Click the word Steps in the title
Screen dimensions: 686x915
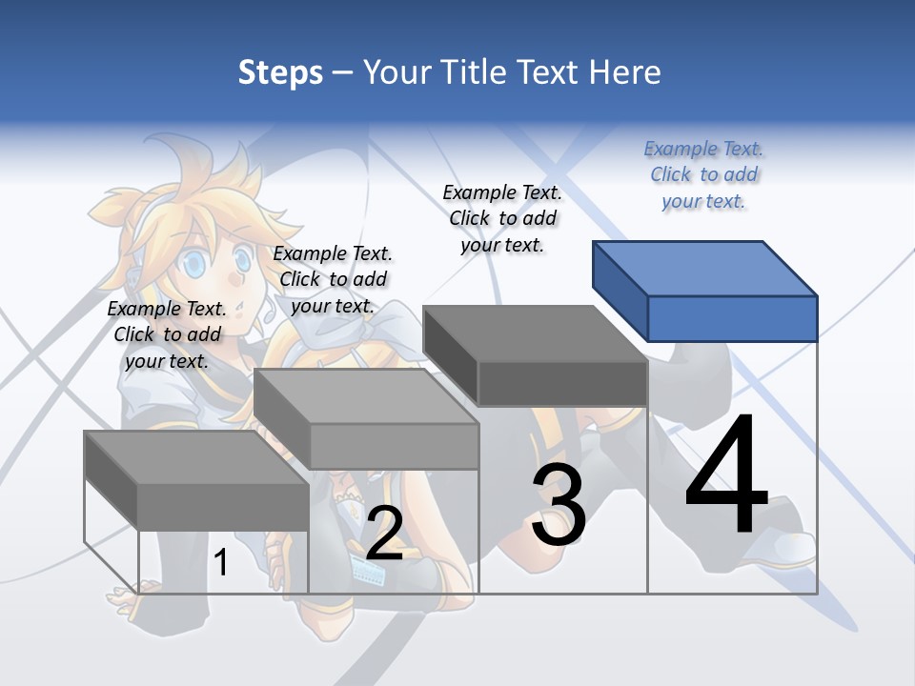click(x=280, y=73)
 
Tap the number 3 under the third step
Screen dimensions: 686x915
click(x=559, y=505)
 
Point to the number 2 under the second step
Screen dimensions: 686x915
click(x=384, y=534)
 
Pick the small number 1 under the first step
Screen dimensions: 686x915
click(x=221, y=563)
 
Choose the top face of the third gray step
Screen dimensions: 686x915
click(x=535, y=333)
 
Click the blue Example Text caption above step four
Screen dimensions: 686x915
click(x=703, y=175)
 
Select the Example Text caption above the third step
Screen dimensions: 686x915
click(x=502, y=218)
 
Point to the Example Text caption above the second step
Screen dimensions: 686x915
click(x=333, y=279)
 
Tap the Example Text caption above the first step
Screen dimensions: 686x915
click(x=167, y=334)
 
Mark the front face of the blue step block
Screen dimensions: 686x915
click(x=732, y=318)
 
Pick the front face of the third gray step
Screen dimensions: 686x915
click(x=562, y=384)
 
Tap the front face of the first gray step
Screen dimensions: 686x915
click(x=223, y=507)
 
